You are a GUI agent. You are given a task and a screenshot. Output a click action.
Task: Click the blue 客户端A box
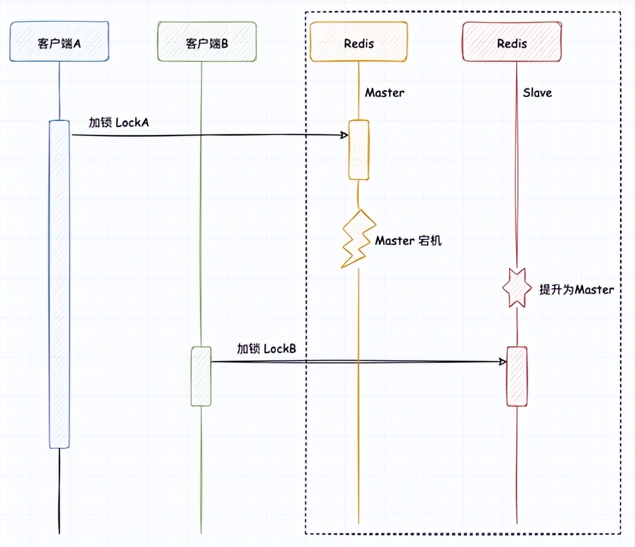[59, 42]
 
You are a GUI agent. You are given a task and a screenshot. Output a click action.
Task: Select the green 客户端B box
[207, 42]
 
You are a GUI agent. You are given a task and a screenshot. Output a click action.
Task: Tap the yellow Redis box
[358, 42]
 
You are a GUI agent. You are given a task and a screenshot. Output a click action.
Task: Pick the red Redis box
[512, 42]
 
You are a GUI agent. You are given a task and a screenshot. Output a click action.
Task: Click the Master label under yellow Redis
[384, 92]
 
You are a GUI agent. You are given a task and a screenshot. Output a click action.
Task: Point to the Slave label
[537, 92]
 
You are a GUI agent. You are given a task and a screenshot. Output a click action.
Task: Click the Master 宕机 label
[408, 241]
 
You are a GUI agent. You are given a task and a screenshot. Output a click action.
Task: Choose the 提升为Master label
[576, 290]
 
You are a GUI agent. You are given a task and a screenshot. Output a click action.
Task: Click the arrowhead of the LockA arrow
[344, 136]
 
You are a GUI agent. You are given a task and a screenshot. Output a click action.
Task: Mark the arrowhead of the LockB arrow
[503, 362]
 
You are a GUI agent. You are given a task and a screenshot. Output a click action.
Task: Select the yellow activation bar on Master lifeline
[358, 150]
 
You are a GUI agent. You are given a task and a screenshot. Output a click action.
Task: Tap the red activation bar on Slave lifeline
[517, 376]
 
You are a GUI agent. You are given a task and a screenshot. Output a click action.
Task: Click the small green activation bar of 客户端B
[201, 376]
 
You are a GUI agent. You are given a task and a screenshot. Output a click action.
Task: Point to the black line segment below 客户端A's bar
[59, 490]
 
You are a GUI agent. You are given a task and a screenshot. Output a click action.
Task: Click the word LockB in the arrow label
[284, 349]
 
